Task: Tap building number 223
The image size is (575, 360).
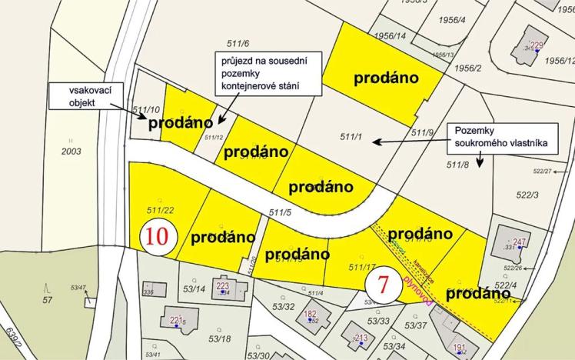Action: [x=223, y=286]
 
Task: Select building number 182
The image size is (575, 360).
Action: [x=311, y=314]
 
